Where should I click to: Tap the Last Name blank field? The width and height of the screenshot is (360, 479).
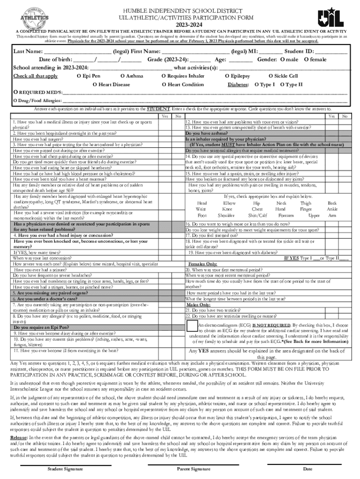coord(78,51)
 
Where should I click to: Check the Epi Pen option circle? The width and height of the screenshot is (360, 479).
coord(79,76)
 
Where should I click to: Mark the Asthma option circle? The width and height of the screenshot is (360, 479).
coord(122,76)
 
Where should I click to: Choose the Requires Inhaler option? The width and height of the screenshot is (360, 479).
coord(164,76)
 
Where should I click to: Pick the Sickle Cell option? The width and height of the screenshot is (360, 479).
coord(271,76)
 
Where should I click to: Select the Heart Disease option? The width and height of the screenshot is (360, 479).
coord(95,85)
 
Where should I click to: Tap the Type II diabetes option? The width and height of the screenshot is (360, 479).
coord(282,85)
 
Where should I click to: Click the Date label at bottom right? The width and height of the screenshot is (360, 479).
coord(308,469)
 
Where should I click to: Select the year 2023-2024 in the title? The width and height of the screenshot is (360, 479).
coord(180,24)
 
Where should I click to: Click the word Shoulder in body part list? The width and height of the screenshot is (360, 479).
coord(226,216)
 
